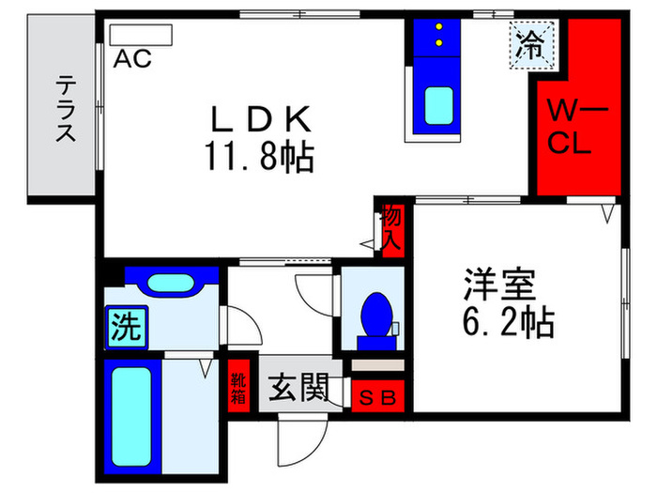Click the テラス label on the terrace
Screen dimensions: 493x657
(64, 108)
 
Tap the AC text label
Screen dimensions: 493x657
(133, 58)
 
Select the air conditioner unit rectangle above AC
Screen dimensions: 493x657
(141, 35)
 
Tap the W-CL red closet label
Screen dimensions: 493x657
(569, 130)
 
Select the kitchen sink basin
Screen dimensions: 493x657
(437, 104)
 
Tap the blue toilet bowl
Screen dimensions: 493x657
(377, 314)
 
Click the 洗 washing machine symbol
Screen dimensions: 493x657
(124, 327)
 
